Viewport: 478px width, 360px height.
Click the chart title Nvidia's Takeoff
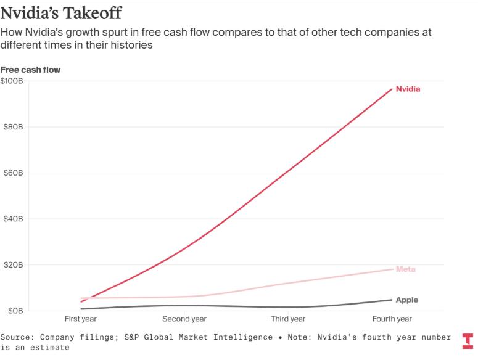coord(60,13)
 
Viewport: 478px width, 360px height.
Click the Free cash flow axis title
coord(30,70)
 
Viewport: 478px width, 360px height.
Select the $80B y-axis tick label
coord(12,127)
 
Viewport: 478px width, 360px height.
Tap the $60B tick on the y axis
coord(12,173)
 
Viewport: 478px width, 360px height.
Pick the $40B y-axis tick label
coord(12,219)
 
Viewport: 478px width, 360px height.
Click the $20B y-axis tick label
coord(12,265)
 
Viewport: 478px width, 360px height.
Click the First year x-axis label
coord(81,319)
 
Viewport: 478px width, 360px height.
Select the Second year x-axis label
coord(184,319)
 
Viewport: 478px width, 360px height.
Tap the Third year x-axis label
coord(288,319)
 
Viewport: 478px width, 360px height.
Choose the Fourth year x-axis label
coord(392,319)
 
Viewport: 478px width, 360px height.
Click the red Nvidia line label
coord(408,89)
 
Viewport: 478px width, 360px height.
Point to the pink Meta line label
coord(405,269)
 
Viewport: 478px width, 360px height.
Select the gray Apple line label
coord(406,300)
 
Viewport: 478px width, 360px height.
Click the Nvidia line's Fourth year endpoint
coord(392,89)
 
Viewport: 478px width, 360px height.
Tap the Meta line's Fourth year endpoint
coord(392,269)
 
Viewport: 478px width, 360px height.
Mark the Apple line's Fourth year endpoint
coord(392,300)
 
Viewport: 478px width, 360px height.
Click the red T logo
coord(468,341)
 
